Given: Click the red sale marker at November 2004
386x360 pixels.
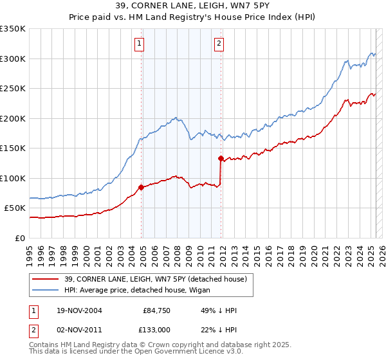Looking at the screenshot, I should pos(142,188).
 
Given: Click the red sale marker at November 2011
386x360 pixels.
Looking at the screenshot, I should pos(221,158).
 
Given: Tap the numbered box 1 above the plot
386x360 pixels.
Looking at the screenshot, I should pos(140,44).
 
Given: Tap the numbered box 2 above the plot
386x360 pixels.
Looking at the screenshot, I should pos(219,44).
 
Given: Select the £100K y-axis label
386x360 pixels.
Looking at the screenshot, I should pos(13,178).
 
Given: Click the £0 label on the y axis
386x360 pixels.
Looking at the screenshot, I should pos(19,238).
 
